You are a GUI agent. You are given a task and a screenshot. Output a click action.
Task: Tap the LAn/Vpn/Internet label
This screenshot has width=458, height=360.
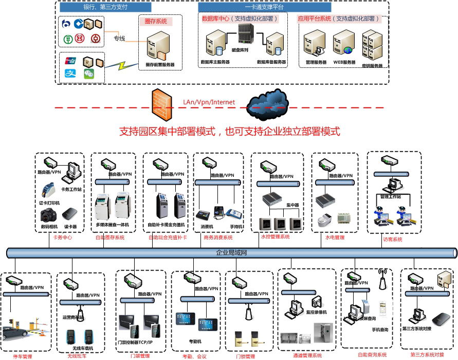(209, 102)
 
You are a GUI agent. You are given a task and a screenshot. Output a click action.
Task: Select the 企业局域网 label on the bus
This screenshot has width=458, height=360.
(232, 253)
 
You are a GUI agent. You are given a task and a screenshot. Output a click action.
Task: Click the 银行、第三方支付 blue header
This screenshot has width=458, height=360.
(105, 8)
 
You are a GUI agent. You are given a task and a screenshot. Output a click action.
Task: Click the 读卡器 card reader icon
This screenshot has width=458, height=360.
(70, 214)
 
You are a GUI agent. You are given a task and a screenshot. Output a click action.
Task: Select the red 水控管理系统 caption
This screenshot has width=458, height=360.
(276, 237)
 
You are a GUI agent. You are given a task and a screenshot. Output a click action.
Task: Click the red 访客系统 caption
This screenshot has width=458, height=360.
(393, 239)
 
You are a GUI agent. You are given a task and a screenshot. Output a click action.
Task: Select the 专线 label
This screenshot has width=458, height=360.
(119, 38)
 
